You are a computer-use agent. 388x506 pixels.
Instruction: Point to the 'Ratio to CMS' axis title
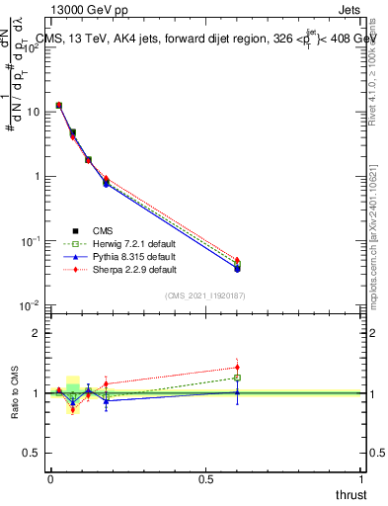point(13,392)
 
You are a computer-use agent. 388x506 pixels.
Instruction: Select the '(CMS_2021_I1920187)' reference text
point(204,295)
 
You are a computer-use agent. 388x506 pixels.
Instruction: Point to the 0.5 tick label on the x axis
point(206,480)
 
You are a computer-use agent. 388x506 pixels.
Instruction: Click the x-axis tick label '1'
point(361,480)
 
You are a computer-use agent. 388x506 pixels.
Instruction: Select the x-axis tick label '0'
point(50,480)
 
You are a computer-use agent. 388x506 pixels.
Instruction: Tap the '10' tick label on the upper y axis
point(33,112)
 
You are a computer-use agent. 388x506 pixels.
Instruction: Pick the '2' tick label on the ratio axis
point(37,333)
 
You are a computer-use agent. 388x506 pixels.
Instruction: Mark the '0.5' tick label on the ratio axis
point(33,454)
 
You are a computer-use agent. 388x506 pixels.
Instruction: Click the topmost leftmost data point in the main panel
point(59,105)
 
